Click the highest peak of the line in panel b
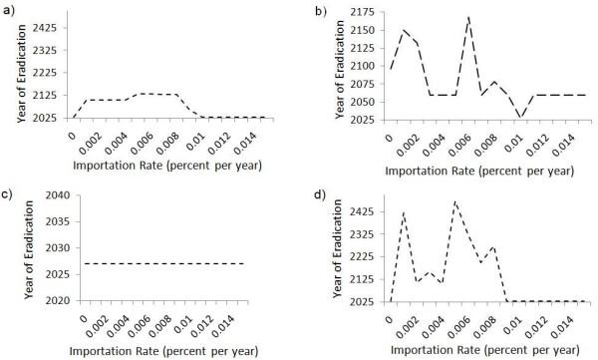(x=468, y=17)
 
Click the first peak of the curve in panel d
(x=404, y=212)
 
